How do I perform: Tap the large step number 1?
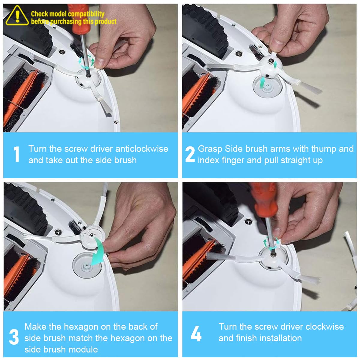[x=17, y=154]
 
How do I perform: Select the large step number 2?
[x=190, y=154]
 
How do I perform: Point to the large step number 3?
[x=14, y=337]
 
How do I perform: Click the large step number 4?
[x=196, y=333]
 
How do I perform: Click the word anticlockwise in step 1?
[x=142, y=149]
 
